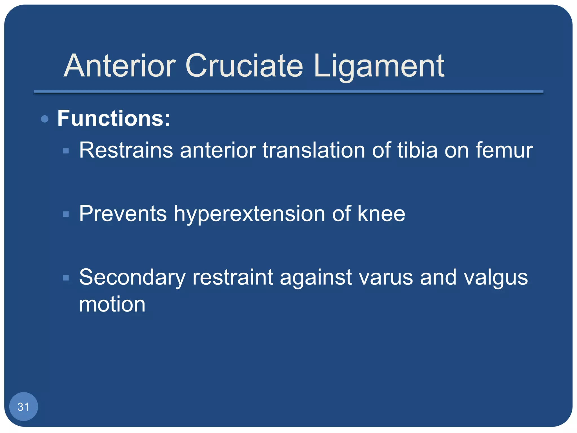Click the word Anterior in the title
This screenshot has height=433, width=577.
point(120,66)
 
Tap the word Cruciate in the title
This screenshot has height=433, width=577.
point(244,66)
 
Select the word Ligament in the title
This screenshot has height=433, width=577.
point(379,66)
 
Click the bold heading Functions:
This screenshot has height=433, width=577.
point(114,118)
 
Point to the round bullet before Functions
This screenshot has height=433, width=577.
point(45,119)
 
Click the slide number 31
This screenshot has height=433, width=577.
point(23,407)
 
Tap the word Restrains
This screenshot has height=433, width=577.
point(126,150)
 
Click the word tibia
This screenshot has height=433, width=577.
point(418,150)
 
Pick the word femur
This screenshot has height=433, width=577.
point(504,150)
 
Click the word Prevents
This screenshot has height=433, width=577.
point(123,214)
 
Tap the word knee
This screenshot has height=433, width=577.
point(381,214)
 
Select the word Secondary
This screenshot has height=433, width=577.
point(132,277)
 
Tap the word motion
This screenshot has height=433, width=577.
point(112,304)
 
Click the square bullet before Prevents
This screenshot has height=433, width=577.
point(66,214)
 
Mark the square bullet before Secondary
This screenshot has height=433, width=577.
point(66,278)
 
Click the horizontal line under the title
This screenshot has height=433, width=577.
point(288,92)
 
